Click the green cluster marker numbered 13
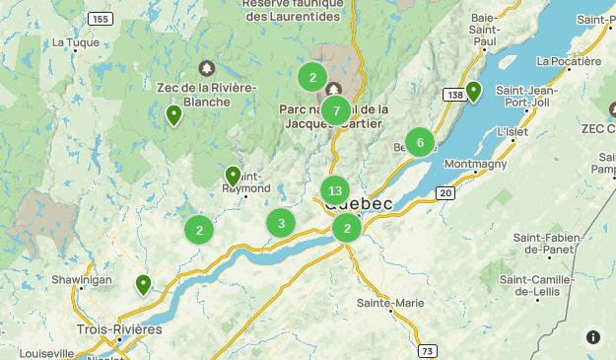(335, 190)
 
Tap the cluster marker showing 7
(336, 110)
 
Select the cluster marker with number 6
(420, 142)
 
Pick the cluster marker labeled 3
(281, 223)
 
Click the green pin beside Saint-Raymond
(233, 176)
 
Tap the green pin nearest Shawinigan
(144, 285)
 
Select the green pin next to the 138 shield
(473, 92)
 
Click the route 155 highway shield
(99, 19)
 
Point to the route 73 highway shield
(426, 350)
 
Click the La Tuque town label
(71, 42)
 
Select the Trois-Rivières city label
(119, 328)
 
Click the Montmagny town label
(476, 164)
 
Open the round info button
(593, 336)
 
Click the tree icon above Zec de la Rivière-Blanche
(206, 68)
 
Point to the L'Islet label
(513, 130)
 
